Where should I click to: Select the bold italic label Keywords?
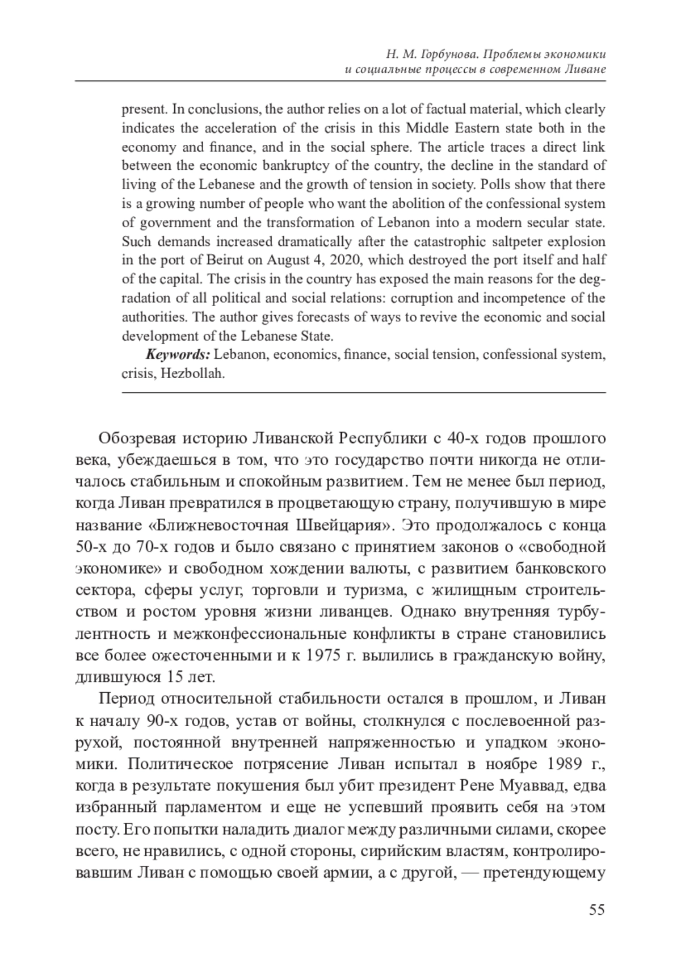178,355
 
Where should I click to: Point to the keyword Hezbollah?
192,374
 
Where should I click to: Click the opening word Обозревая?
135,439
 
